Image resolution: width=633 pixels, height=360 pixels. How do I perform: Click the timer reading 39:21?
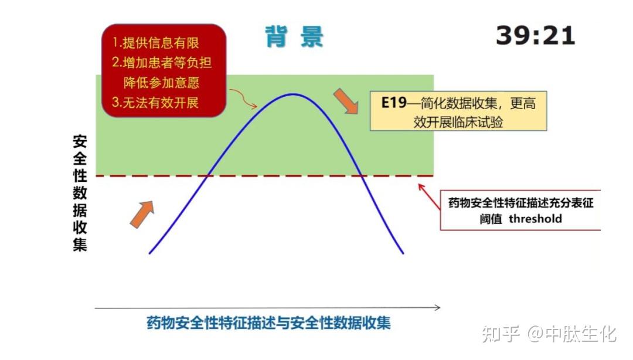point(535,36)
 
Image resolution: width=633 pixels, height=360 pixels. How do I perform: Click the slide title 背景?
point(294,36)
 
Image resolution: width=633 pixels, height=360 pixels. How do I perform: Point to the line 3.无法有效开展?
point(155,102)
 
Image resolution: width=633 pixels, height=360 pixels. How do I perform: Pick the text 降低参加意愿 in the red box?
point(162,83)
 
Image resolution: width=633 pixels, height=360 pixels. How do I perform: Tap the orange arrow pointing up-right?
point(142,214)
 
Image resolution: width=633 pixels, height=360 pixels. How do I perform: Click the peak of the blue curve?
point(291,94)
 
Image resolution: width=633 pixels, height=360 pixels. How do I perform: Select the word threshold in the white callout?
point(535,219)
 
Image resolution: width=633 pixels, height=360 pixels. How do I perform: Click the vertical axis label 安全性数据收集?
point(80,193)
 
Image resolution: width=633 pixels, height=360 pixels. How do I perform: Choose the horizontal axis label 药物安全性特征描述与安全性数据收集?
point(268,323)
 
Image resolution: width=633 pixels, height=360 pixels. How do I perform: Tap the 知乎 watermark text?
point(500,334)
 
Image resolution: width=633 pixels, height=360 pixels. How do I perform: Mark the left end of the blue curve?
point(150,253)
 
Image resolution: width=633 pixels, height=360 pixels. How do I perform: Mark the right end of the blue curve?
point(403,253)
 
